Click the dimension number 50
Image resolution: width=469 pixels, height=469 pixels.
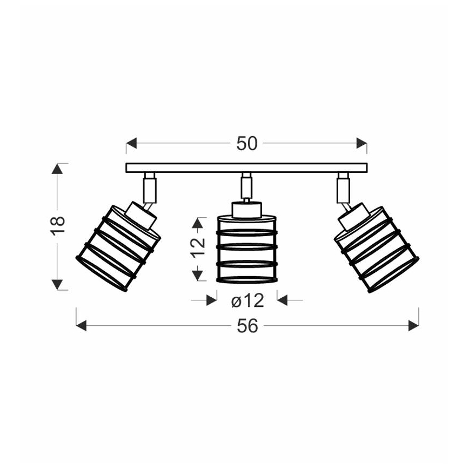[247, 143]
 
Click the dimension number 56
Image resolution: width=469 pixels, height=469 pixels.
[247, 326]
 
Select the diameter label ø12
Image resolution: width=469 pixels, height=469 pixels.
[247, 300]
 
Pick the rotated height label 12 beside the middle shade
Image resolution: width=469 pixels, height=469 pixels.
[198, 247]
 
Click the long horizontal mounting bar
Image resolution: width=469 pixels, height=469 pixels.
[246, 167]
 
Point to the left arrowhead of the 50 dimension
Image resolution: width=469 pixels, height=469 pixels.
[131, 143]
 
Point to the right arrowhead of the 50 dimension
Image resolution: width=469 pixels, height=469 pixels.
[362, 143]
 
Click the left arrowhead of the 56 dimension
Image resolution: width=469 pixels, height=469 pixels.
[82, 325]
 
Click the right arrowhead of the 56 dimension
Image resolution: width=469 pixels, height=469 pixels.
[414, 325]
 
